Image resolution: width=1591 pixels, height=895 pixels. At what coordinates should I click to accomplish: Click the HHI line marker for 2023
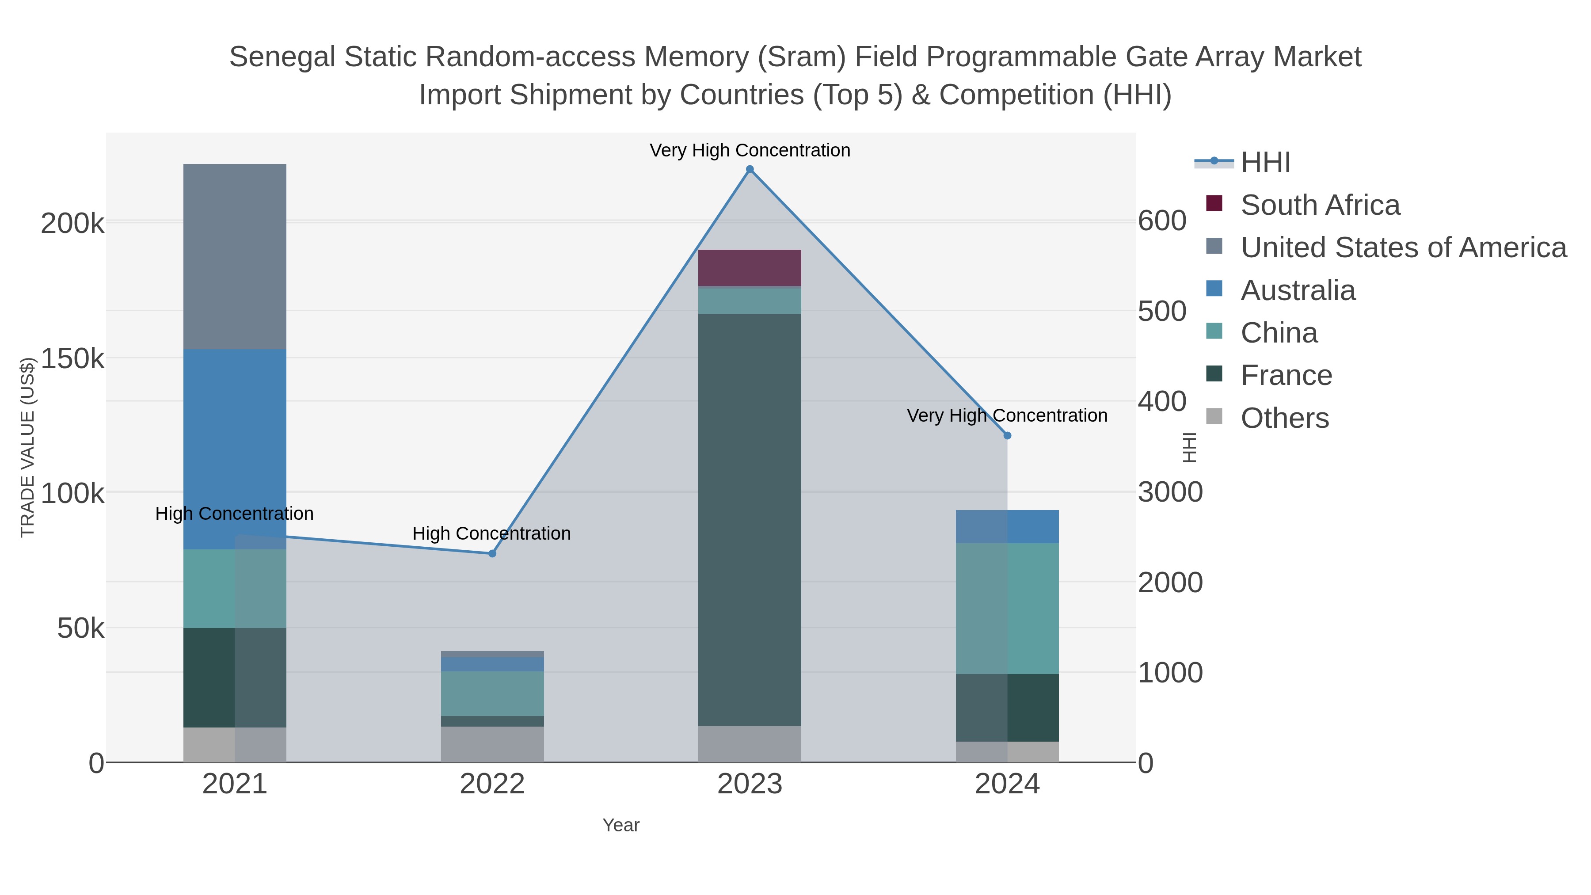[750, 169]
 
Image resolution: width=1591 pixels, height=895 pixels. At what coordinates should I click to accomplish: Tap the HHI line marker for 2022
[492, 553]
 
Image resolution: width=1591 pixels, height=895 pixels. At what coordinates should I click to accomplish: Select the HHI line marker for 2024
[1007, 435]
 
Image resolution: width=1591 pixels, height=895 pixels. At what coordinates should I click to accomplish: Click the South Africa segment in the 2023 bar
[750, 268]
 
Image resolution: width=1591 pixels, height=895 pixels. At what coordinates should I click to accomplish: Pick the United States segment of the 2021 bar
[235, 256]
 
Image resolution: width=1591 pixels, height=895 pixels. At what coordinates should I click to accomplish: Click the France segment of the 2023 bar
[750, 519]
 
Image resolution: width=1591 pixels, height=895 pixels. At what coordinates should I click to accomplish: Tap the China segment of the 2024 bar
[1007, 609]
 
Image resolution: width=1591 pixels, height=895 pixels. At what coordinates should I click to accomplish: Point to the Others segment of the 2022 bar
[492, 744]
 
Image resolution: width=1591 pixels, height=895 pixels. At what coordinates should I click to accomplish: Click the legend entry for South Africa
[1319, 205]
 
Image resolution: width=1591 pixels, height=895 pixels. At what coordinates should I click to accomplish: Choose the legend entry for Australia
[1297, 290]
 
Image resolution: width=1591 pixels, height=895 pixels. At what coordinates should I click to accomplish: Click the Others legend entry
[1284, 418]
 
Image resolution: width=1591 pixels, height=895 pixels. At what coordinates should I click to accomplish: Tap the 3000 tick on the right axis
[1170, 492]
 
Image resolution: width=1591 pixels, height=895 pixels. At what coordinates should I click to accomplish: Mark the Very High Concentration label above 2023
[750, 151]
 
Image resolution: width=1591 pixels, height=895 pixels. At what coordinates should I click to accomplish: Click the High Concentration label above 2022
[491, 533]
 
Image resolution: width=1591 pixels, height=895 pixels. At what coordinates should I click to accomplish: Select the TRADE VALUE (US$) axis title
[27, 447]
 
